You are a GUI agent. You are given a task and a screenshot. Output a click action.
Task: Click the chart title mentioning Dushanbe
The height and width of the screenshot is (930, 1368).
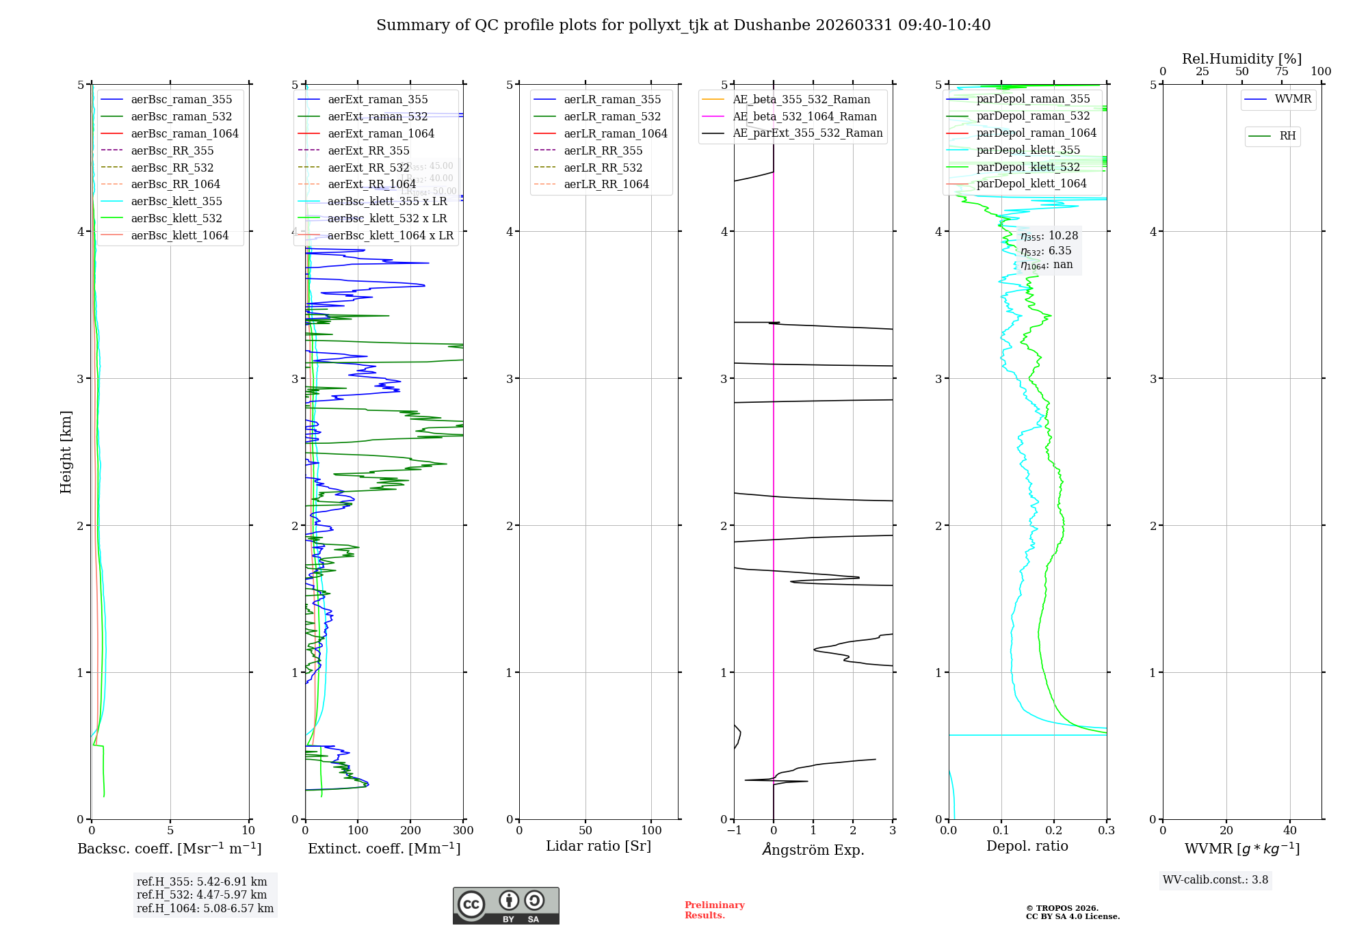pos(683,25)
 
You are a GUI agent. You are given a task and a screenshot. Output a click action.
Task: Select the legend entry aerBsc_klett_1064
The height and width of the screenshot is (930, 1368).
pos(179,235)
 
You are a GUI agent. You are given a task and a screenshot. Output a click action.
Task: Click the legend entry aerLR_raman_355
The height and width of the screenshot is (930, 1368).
pos(612,99)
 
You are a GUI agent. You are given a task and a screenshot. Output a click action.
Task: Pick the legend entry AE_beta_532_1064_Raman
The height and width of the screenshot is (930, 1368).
pos(804,116)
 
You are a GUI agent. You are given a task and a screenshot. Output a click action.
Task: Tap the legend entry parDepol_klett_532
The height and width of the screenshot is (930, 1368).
pos(1028,167)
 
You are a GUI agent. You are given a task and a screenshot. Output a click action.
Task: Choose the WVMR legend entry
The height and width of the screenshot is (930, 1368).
pos(1293,99)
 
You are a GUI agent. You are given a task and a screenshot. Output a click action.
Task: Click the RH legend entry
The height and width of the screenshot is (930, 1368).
pos(1287,136)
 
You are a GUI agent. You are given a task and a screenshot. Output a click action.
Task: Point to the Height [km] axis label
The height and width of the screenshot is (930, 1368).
pos(66,452)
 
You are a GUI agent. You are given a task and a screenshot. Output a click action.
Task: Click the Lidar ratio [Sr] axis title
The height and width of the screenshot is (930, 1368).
pos(598,846)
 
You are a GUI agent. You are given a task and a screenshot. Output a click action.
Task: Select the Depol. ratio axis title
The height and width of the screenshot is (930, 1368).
pos(1027,846)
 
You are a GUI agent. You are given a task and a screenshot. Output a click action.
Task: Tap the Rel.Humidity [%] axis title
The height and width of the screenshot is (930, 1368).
pos(1241,59)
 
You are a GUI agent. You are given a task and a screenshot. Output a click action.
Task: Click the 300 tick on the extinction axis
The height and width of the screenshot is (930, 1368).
pos(464,831)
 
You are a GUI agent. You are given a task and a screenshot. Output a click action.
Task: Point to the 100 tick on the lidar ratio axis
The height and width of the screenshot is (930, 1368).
pos(651,831)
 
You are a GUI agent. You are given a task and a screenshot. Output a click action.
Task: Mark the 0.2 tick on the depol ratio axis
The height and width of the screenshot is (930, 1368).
pos(1054,831)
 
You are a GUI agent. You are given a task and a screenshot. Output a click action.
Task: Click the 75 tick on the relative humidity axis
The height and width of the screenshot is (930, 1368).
pos(1281,72)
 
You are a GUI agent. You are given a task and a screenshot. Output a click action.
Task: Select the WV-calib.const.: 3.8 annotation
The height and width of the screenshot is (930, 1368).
pos(1215,880)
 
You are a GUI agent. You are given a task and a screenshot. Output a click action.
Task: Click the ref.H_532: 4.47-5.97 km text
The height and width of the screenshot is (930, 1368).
pos(202,894)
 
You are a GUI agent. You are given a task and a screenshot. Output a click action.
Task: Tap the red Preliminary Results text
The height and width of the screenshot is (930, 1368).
pos(714,910)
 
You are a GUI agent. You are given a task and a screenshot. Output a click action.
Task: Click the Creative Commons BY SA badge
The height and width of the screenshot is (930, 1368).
pos(505,906)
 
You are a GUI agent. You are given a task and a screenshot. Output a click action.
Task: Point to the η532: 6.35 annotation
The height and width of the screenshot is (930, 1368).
pos(1046,251)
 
